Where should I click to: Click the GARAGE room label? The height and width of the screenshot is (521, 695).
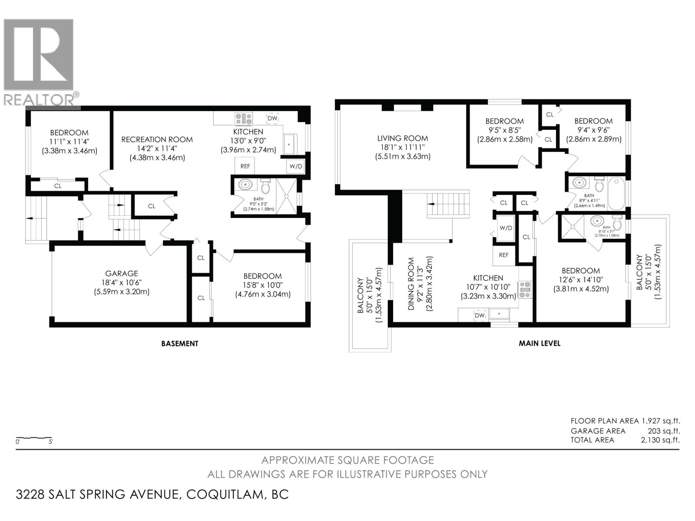pyautogui.click(x=122, y=274)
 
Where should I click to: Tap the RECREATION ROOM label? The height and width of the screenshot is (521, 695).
pyautogui.click(x=157, y=139)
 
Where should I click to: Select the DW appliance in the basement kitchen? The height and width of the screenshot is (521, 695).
pyautogui.click(x=272, y=118)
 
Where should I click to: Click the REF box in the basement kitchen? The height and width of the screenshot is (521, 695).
pyautogui.click(x=245, y=166)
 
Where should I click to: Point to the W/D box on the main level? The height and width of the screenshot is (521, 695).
pyautogui.click(x=506, y=228)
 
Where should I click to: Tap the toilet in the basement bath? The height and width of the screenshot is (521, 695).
pyautogui.click(x=266, y=187)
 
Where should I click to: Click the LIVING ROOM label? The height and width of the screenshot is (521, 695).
pyautogui.click(x=402, y=138)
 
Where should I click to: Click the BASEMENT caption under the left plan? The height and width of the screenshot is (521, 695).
pyautogui.click(x=180, y=343)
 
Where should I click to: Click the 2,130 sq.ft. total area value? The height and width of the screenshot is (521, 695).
pyautogui.click(x=660, y=440)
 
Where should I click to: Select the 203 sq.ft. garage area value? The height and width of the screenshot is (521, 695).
pyautogui.click(x=664, y=431)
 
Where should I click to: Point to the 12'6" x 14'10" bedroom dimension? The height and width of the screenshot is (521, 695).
pyautogui.click(x=580, y=280)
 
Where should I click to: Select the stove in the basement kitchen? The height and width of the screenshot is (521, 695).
pyautogui.click(x=244, y=118)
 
